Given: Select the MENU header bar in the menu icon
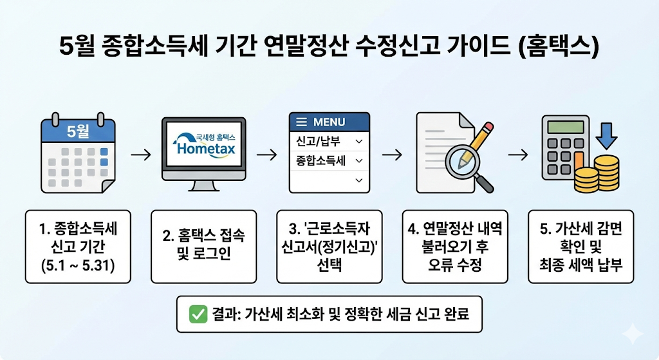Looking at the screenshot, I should tap(329, 122).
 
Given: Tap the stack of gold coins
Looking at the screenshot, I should tap(597, 175).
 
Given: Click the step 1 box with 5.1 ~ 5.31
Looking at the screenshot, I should tap(78, 246).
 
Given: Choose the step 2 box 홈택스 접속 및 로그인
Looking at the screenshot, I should tap(203, 246).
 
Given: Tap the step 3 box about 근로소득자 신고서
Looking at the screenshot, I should tap(329, 246).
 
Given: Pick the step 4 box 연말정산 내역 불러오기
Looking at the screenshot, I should tap(455, 246).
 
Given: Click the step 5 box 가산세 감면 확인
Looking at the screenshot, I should tap(580, 246).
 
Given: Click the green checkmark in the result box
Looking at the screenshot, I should tap(197, 314).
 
